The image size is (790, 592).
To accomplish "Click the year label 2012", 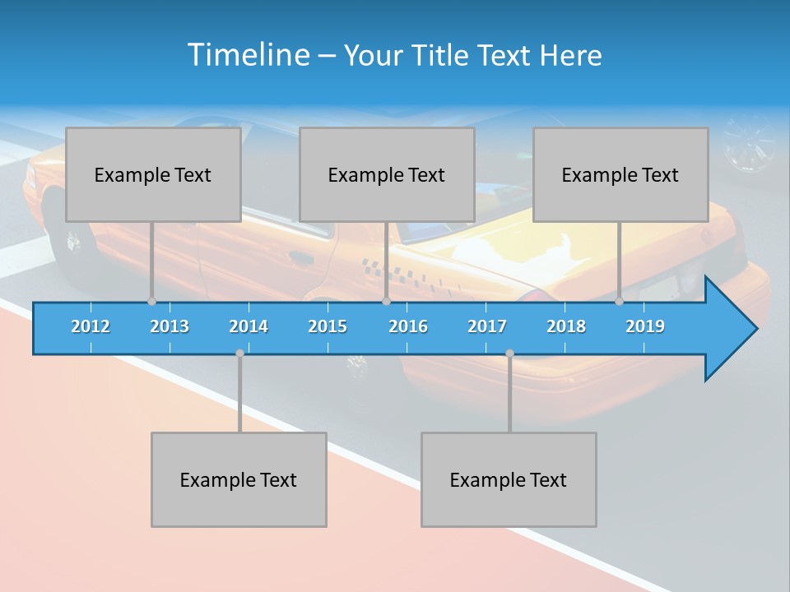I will click(x=91, y=326).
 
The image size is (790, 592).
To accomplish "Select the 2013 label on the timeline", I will click(x=170, y=326).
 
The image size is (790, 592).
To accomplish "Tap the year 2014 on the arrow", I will click(x=249, y=326).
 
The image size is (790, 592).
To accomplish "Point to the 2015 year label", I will click(x=328, y=326).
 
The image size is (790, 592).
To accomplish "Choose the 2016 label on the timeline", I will click(x=408, y=326).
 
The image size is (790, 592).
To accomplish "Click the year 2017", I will click(x=487, y=326).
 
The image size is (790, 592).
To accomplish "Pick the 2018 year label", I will click(x=566, y=326).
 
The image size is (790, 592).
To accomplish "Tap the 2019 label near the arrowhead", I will click(x=645, y=326).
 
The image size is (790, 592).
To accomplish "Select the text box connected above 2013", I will click(x=153, y=174).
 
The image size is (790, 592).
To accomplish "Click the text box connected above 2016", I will click(x=387, y=174).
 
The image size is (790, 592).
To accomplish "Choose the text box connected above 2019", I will click(x=620, y=174).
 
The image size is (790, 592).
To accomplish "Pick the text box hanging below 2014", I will click(x=239, y=479).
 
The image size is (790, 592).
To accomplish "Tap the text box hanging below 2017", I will click(x=509, y=479).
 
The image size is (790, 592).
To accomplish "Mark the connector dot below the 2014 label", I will click(x=239, y=354).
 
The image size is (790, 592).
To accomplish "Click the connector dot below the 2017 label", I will click(x=509, y=354).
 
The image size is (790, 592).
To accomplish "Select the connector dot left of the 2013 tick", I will click(x=151, y=301).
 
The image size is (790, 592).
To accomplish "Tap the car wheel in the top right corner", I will click(x=748, y=141).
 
